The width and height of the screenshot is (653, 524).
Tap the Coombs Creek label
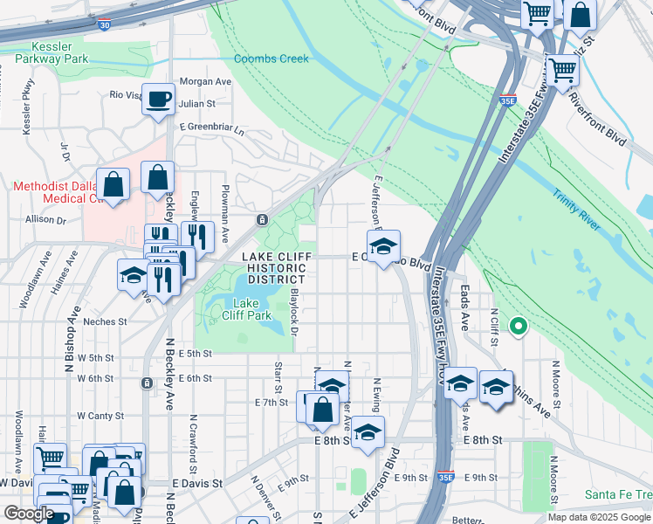point(271,59)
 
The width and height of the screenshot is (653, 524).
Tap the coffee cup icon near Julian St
point(158,100)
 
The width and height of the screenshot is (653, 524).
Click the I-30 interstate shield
point(104,26)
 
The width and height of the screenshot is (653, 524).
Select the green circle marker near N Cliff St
point(518,327)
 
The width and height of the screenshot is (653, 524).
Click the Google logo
point(29,514)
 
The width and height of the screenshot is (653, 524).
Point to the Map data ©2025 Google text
point(599,517)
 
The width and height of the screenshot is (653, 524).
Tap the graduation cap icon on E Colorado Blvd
point(382,248)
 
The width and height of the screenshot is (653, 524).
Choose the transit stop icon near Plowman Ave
point(261,219)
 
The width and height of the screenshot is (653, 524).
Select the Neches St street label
point(105,321)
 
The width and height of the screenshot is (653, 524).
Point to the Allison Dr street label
point(46,219)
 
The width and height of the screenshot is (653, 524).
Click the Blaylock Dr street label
point(294,312)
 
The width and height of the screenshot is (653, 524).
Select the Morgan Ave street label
point(204,81)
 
